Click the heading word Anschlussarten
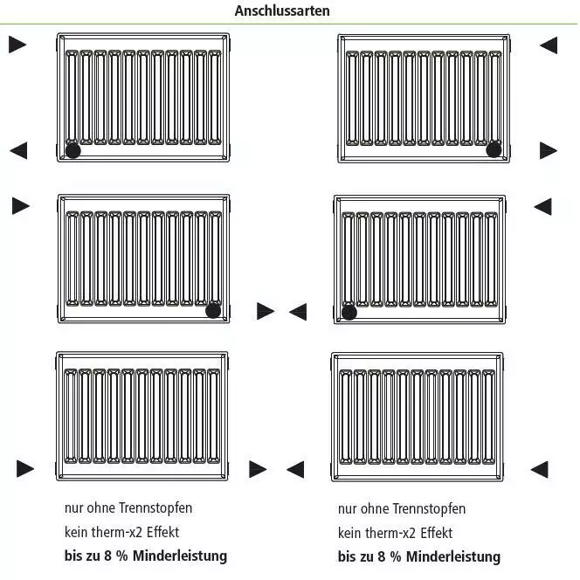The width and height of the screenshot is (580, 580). pos(282,10)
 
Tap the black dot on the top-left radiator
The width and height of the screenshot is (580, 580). pos(72,150)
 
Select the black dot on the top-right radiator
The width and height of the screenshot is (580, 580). pos(494,149)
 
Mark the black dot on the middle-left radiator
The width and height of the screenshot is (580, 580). pos(213,311)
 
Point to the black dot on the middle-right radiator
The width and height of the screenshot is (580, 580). pos(349,312)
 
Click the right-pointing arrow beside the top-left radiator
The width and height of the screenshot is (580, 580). pos(17,45)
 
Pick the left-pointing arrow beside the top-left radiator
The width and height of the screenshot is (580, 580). pos(18,150)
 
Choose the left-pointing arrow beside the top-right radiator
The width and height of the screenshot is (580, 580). pos(549,45)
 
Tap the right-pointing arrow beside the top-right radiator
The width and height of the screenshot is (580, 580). pos(549,150)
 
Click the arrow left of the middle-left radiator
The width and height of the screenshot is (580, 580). pos(21,205)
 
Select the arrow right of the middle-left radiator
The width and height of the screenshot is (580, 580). pos(266,311)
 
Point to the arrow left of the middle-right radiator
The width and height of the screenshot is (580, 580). pos(298,312)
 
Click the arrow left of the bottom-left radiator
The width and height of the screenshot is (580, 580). pos(25,469)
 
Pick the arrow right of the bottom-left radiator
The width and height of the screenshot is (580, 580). pos(258,469)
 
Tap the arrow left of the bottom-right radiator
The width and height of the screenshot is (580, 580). pos(295,469)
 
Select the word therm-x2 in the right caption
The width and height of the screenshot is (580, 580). pos(390,533)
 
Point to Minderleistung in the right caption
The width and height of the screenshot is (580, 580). pos(453,556)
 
